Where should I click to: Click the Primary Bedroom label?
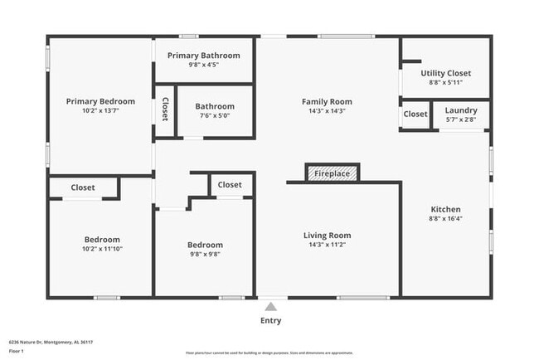pyautogui.click(x=100, y=101)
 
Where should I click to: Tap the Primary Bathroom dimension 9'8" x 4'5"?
pyautogui.click(x=203, y=65)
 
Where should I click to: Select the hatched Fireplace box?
pyautogui.click(x=333, y=173)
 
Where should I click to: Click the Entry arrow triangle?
pyautogui.click(x=270, y=306)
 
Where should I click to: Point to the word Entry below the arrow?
pyautogui.click(x=270, y=320)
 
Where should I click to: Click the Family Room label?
pyautogui.click(x=327, y=101)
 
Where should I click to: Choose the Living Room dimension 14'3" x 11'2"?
pyautogui.click(x=327, y=246)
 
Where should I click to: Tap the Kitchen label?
pyautogui.click(x=445, y=209)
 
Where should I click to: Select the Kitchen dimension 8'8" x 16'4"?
pyautogui.click(x=445, y=219)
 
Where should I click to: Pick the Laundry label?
pyautogui.click(x=461, y=110)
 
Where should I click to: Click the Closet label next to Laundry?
pyautogui.click(x=415, y=114)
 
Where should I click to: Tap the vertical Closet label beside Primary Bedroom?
pyautogui.click(x=165, y=109)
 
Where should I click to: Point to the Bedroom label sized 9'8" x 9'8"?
pyautogui.click(x=204, y=245)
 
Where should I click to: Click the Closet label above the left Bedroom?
pyautogui.click(x=82, y=187)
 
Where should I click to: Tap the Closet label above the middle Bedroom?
pyautogui.click(x=230, y=185)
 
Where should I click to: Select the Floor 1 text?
pyautogui.click(x=17, y=351)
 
